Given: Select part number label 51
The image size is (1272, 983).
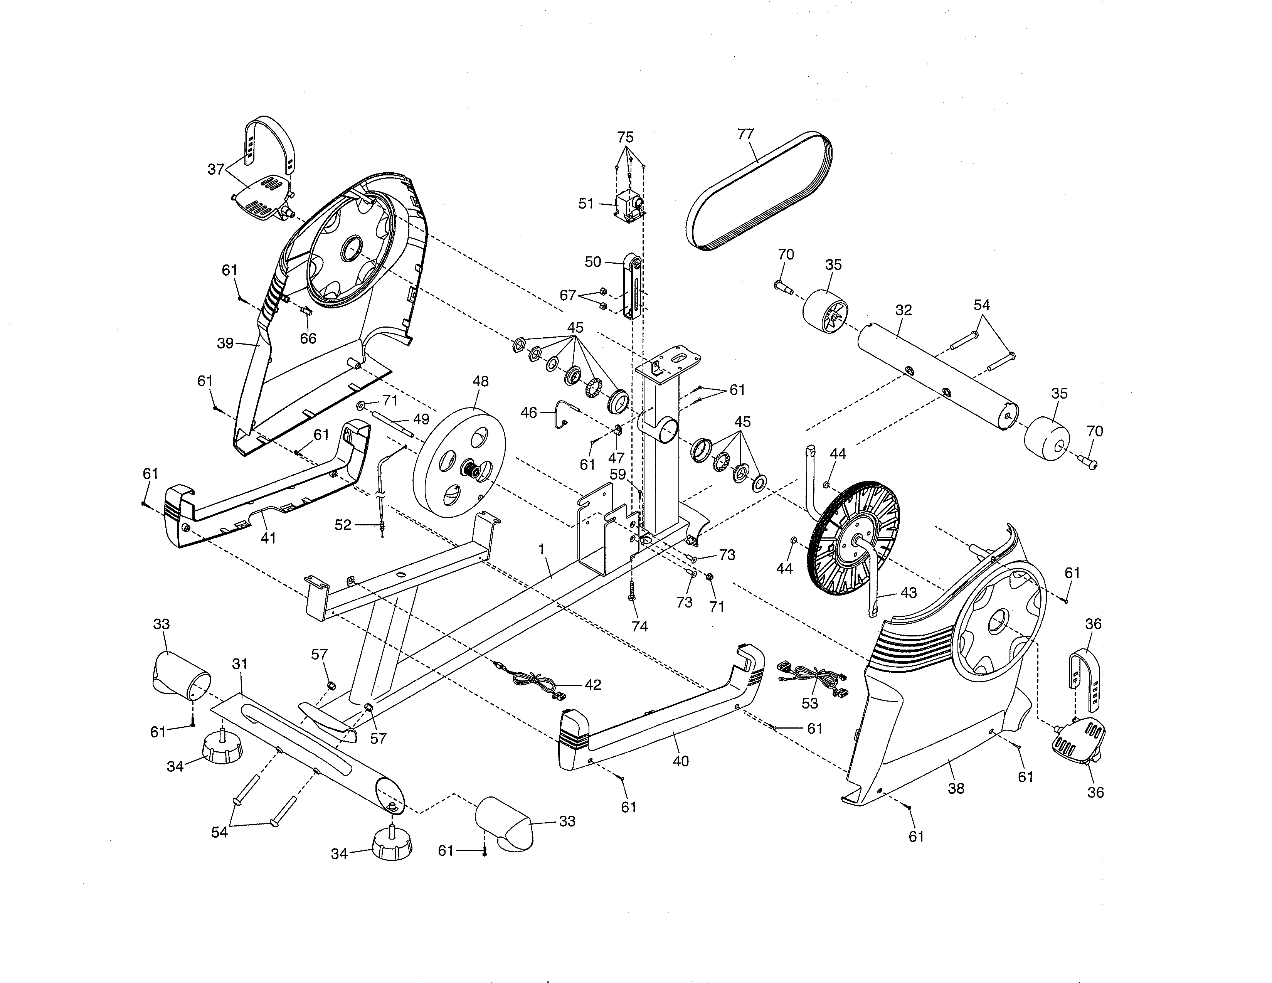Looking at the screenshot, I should click(586, 204).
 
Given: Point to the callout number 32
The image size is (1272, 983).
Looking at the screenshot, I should click(904, 310).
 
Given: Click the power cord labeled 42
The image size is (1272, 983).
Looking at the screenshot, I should click(536, 680).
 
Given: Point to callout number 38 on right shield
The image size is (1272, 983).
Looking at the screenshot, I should click(956, 788).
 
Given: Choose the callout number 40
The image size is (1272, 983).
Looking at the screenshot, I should click(680, 761).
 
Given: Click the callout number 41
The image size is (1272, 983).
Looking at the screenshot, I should click(268, 538).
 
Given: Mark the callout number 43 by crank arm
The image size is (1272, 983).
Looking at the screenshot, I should click(909, 593).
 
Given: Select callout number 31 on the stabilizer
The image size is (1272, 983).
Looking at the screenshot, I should click(240, 663).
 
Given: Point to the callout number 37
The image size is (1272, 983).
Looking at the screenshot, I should click(216, 170).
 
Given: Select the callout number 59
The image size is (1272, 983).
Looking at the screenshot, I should click(617, 475).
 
